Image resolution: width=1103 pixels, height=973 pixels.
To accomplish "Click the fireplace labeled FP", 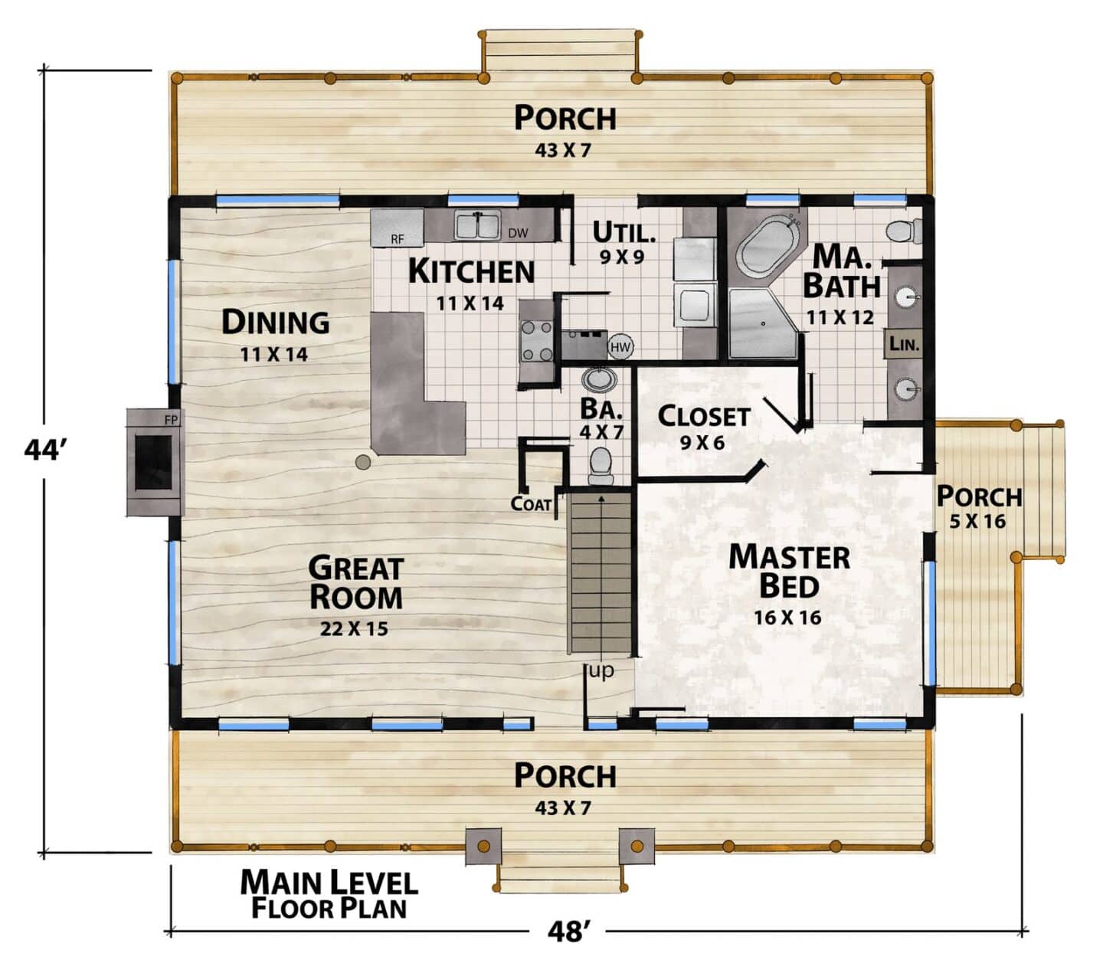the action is (155, 462).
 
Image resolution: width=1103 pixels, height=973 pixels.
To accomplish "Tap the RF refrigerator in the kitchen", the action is (397, 228).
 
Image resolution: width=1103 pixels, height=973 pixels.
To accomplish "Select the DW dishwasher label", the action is (518, 233).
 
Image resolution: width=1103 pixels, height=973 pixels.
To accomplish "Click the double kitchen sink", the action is (477, 225).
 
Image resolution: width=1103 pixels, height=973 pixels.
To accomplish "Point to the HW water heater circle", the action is (620, 347).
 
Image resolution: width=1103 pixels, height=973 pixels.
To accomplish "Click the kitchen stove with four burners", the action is (537, 341).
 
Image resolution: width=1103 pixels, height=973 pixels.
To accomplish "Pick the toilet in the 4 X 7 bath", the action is (601, 466).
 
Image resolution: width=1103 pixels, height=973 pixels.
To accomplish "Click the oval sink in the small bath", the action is (599, 379).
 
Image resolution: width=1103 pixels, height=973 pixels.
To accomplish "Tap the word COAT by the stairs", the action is (531, 503).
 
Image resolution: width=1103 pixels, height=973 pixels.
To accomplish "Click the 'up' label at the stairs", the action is (601, 670).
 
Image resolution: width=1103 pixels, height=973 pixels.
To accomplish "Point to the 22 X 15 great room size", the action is (354, 629).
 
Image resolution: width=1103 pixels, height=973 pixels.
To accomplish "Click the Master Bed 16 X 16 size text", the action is (787, 618).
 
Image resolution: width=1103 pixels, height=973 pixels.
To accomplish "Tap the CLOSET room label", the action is (704, 417).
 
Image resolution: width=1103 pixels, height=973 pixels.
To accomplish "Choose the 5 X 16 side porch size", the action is (977, 522).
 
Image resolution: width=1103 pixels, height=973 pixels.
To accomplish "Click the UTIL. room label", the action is (624, 232).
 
